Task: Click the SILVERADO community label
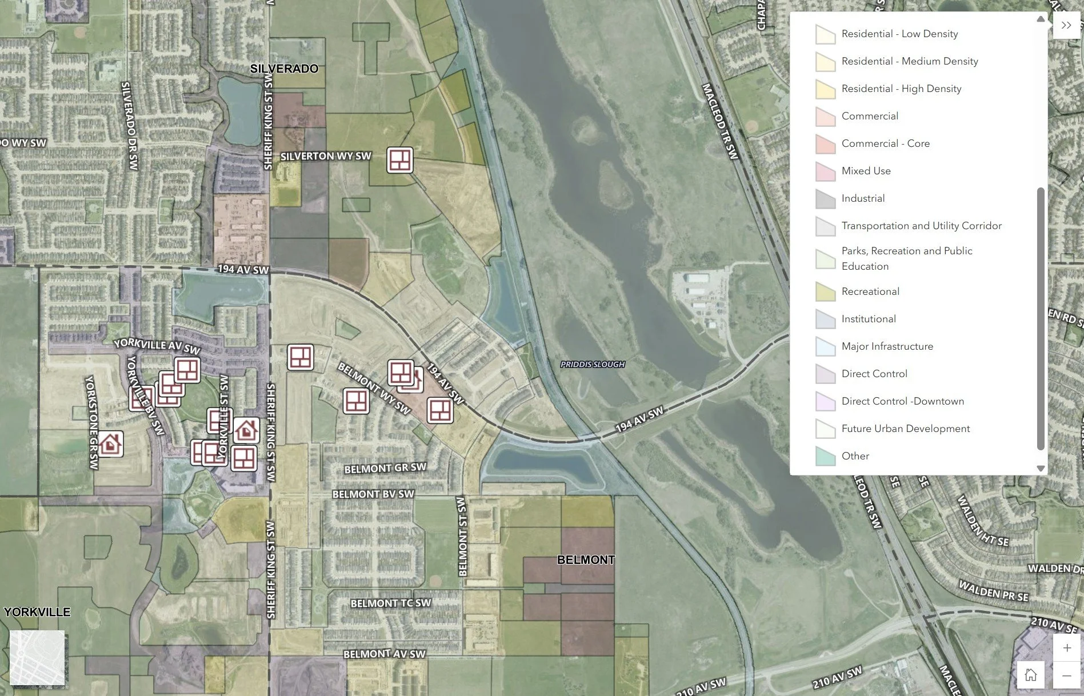pos(284,69)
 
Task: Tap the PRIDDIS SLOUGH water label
pos(593,364)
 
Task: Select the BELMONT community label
pos(586,559)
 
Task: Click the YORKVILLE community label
pos(37,611)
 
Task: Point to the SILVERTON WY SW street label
pos(326,156)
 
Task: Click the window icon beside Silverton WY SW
pos(399,159)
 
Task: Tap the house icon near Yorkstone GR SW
pos(110,443)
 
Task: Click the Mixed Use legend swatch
pos(825,171)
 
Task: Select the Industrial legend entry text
pos(863,198)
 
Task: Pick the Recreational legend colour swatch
pos(825,292)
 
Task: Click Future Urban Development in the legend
pos(905,429)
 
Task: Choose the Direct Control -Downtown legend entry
pos(902,401)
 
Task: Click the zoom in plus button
pos(1066,647)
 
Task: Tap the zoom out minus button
pos(1066,675)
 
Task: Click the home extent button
pos(1030,675)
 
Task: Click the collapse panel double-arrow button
pos(1066,25)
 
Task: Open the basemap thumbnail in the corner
pos(37,658)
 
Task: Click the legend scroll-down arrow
pos(1041,468)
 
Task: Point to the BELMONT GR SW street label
pos(385,468)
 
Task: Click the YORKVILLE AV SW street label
pos(157,346)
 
